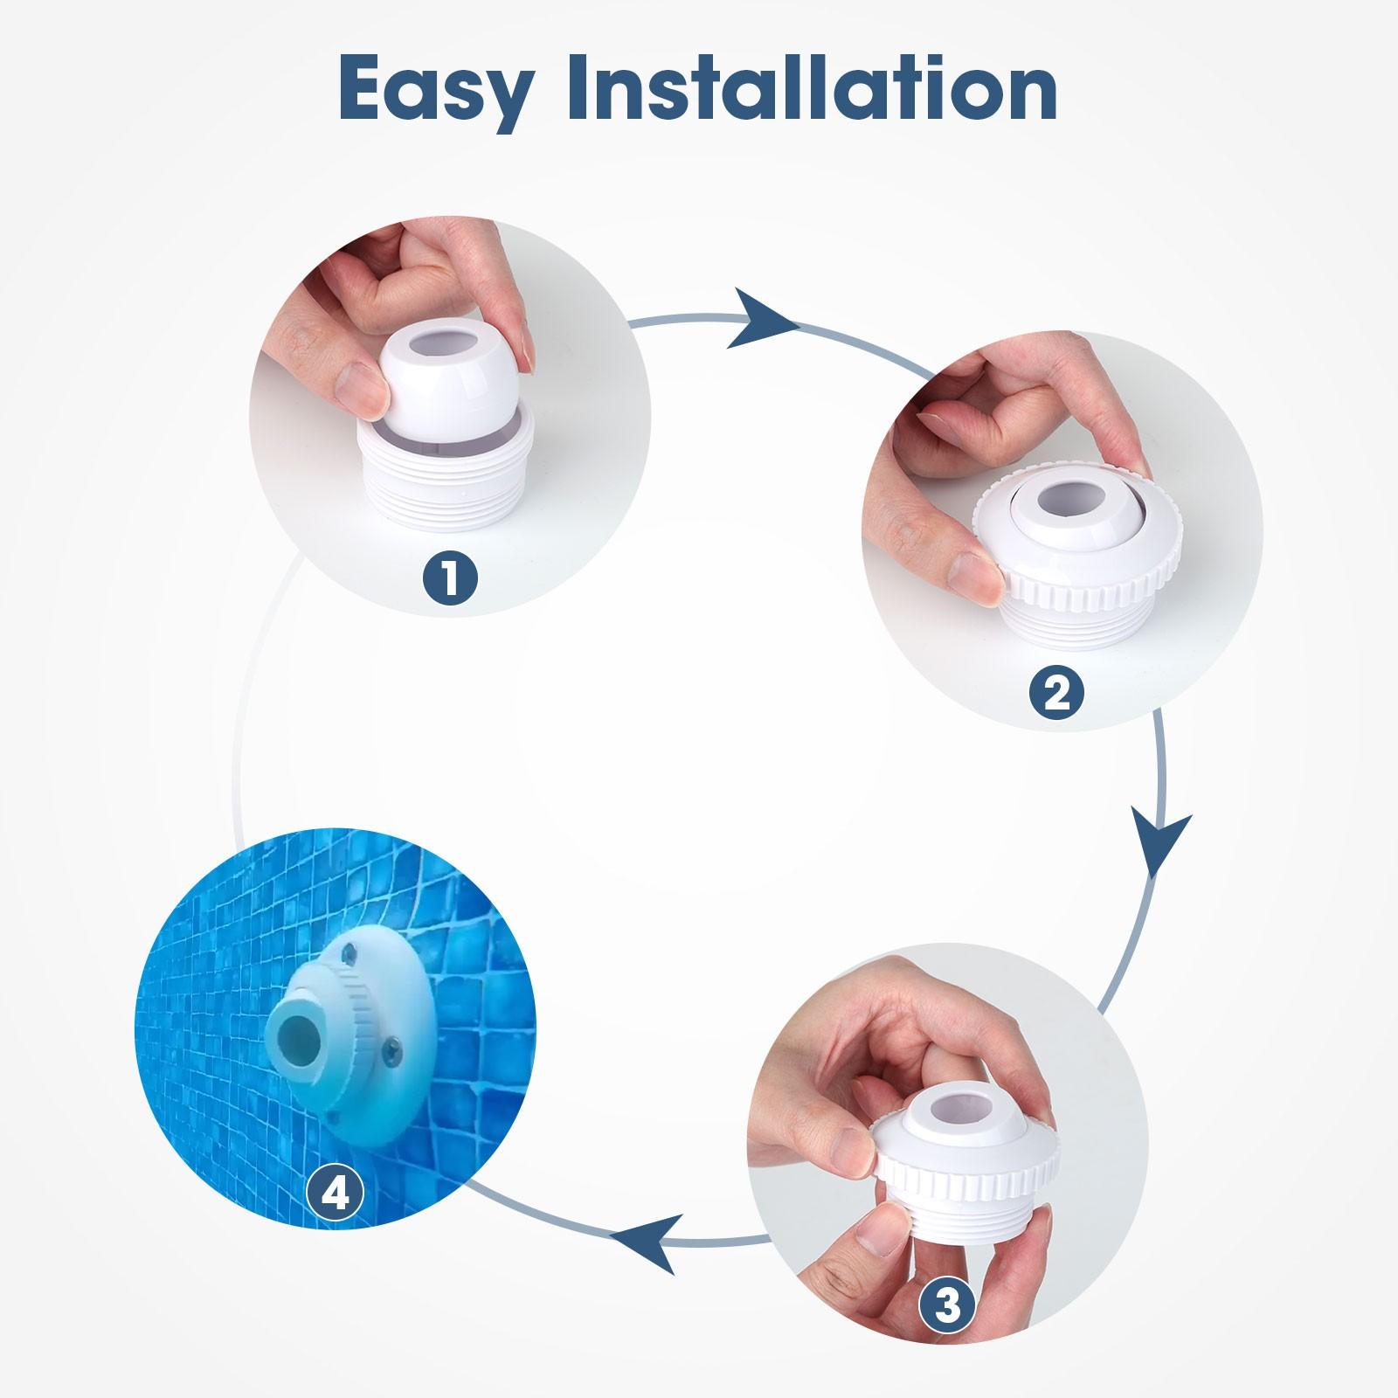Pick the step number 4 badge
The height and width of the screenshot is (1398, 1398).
point(335,1192)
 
